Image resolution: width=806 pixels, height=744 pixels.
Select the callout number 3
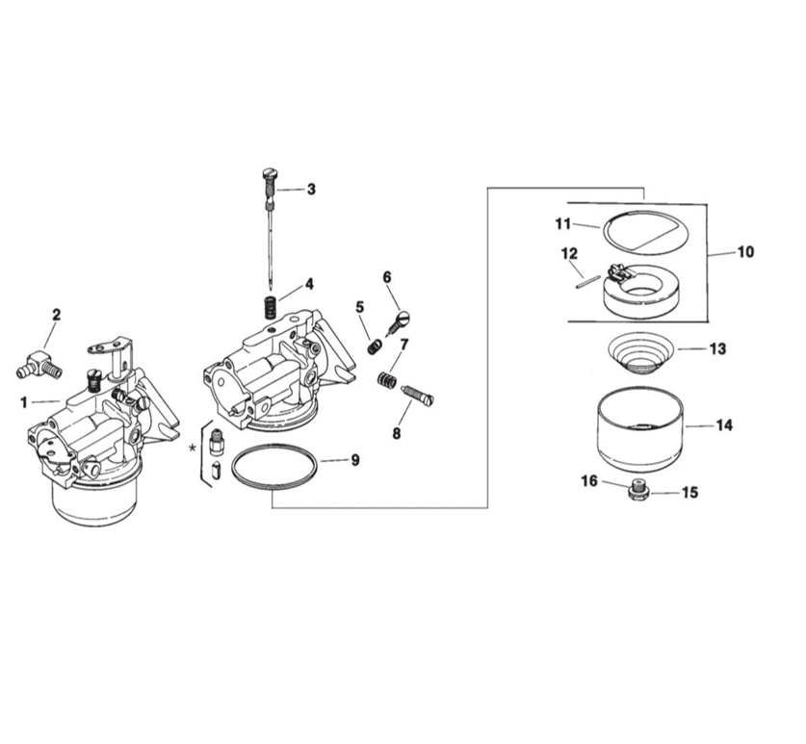point(311,190)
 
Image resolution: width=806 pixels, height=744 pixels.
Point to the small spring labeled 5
point(373,344)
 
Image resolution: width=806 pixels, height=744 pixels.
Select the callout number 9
point(354,461)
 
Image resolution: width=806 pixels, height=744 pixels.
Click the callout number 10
point(745,253)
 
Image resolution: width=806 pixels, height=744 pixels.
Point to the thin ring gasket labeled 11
point(640,231)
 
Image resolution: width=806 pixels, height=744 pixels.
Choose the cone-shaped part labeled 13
point(639,352)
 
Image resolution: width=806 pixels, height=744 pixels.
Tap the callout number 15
point(689,493)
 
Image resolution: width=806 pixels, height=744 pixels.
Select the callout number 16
point(588,479)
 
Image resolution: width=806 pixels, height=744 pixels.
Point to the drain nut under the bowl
point(637,491)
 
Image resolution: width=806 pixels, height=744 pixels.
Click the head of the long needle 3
point(269,174)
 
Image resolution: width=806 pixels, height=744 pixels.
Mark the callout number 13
point(717,349)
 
